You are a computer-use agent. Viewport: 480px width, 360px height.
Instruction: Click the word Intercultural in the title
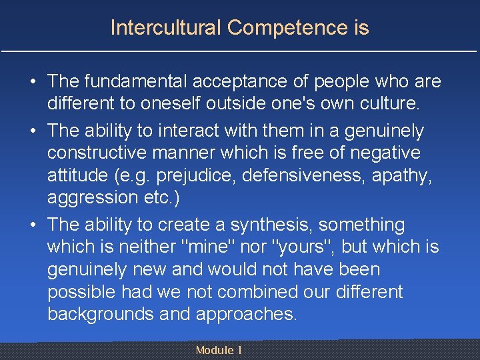point(166,28)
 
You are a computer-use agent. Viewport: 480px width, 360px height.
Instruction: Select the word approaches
point(241,314)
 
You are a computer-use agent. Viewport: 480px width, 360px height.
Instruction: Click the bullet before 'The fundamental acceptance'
point(32,82)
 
